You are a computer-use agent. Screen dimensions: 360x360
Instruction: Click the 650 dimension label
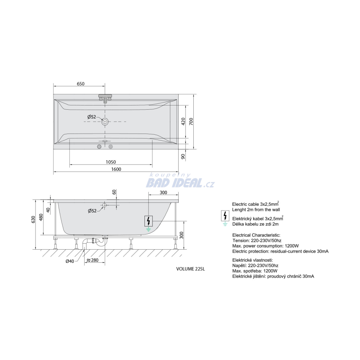tap(81, 84)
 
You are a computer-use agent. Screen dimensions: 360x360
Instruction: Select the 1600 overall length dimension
tap(116, 169)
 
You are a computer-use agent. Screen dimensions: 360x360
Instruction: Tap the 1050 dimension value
tap(111, 162)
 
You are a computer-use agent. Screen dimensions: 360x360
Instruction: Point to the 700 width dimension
tap(191, 121)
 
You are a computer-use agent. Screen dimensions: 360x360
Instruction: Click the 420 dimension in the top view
tap(183, 121)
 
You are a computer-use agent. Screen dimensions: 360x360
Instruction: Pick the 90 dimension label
tap(183, 156)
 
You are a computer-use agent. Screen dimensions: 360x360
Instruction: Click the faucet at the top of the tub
tap(105, 98)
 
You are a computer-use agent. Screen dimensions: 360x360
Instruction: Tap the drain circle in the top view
tap(105, 122)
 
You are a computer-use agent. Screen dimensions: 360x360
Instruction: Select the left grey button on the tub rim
tap(99, 147)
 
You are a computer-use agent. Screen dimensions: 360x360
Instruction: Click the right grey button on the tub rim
tap(111, 147)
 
